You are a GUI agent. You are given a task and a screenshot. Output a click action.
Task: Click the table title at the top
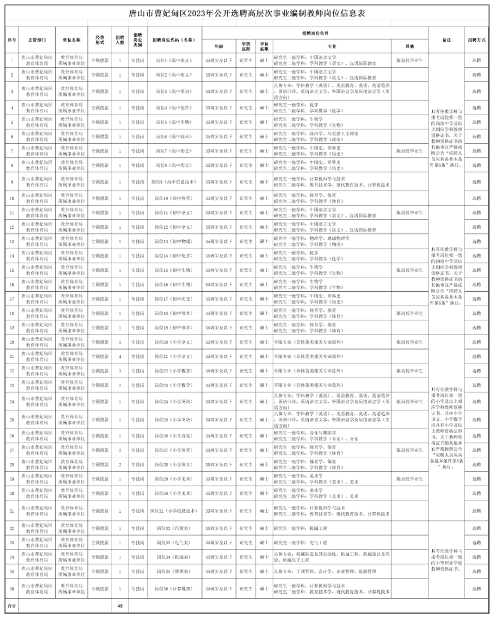pyautogui.click(x=247, y=14)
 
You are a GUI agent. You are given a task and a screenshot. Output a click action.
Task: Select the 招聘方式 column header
pyautogui.click(x=476, y=40)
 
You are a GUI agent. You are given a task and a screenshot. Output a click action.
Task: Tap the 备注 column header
pyautogui.click(x=446, y=40)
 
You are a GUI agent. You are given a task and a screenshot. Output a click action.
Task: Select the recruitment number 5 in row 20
pyautogui.click(x=120, y=342)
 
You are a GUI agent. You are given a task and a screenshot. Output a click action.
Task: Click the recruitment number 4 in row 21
pyautogui.click(x=120, y=356)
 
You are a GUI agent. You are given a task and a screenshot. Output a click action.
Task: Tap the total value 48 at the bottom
pyautogui.click(x=120, y=606)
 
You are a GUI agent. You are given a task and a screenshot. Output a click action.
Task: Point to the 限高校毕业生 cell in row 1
pyautogui.click(x=410, y=60)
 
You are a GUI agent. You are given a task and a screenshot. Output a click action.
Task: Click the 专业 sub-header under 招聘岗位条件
pyautogui.click(x=331, y=46)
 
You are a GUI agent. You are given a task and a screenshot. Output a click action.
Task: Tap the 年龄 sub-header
pyautogui.click(x=218, y=46)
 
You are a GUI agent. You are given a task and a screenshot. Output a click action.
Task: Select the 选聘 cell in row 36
pyautogui.click(x=476, y=589)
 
